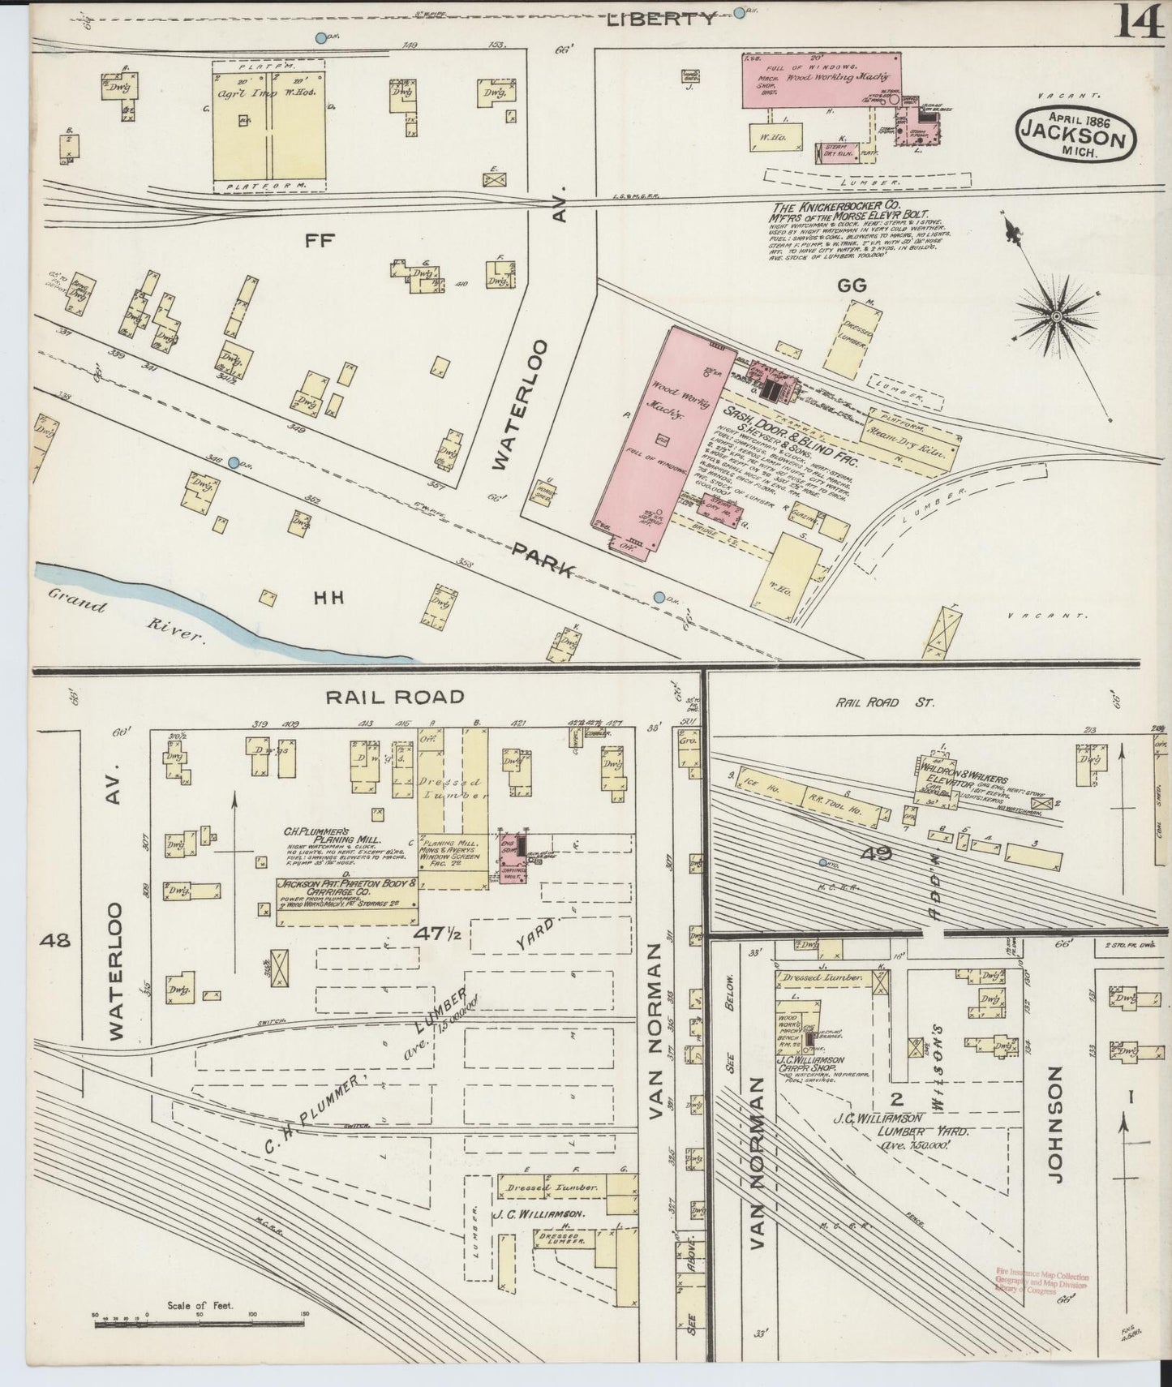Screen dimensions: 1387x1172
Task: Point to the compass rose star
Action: (1058, 316)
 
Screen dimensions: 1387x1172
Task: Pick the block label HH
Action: (327, 598)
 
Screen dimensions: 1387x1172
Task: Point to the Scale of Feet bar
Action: (199, 1324)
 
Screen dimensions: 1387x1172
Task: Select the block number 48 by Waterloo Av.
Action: (58, 941)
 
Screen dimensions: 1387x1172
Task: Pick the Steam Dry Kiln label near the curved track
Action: (909, 443)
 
